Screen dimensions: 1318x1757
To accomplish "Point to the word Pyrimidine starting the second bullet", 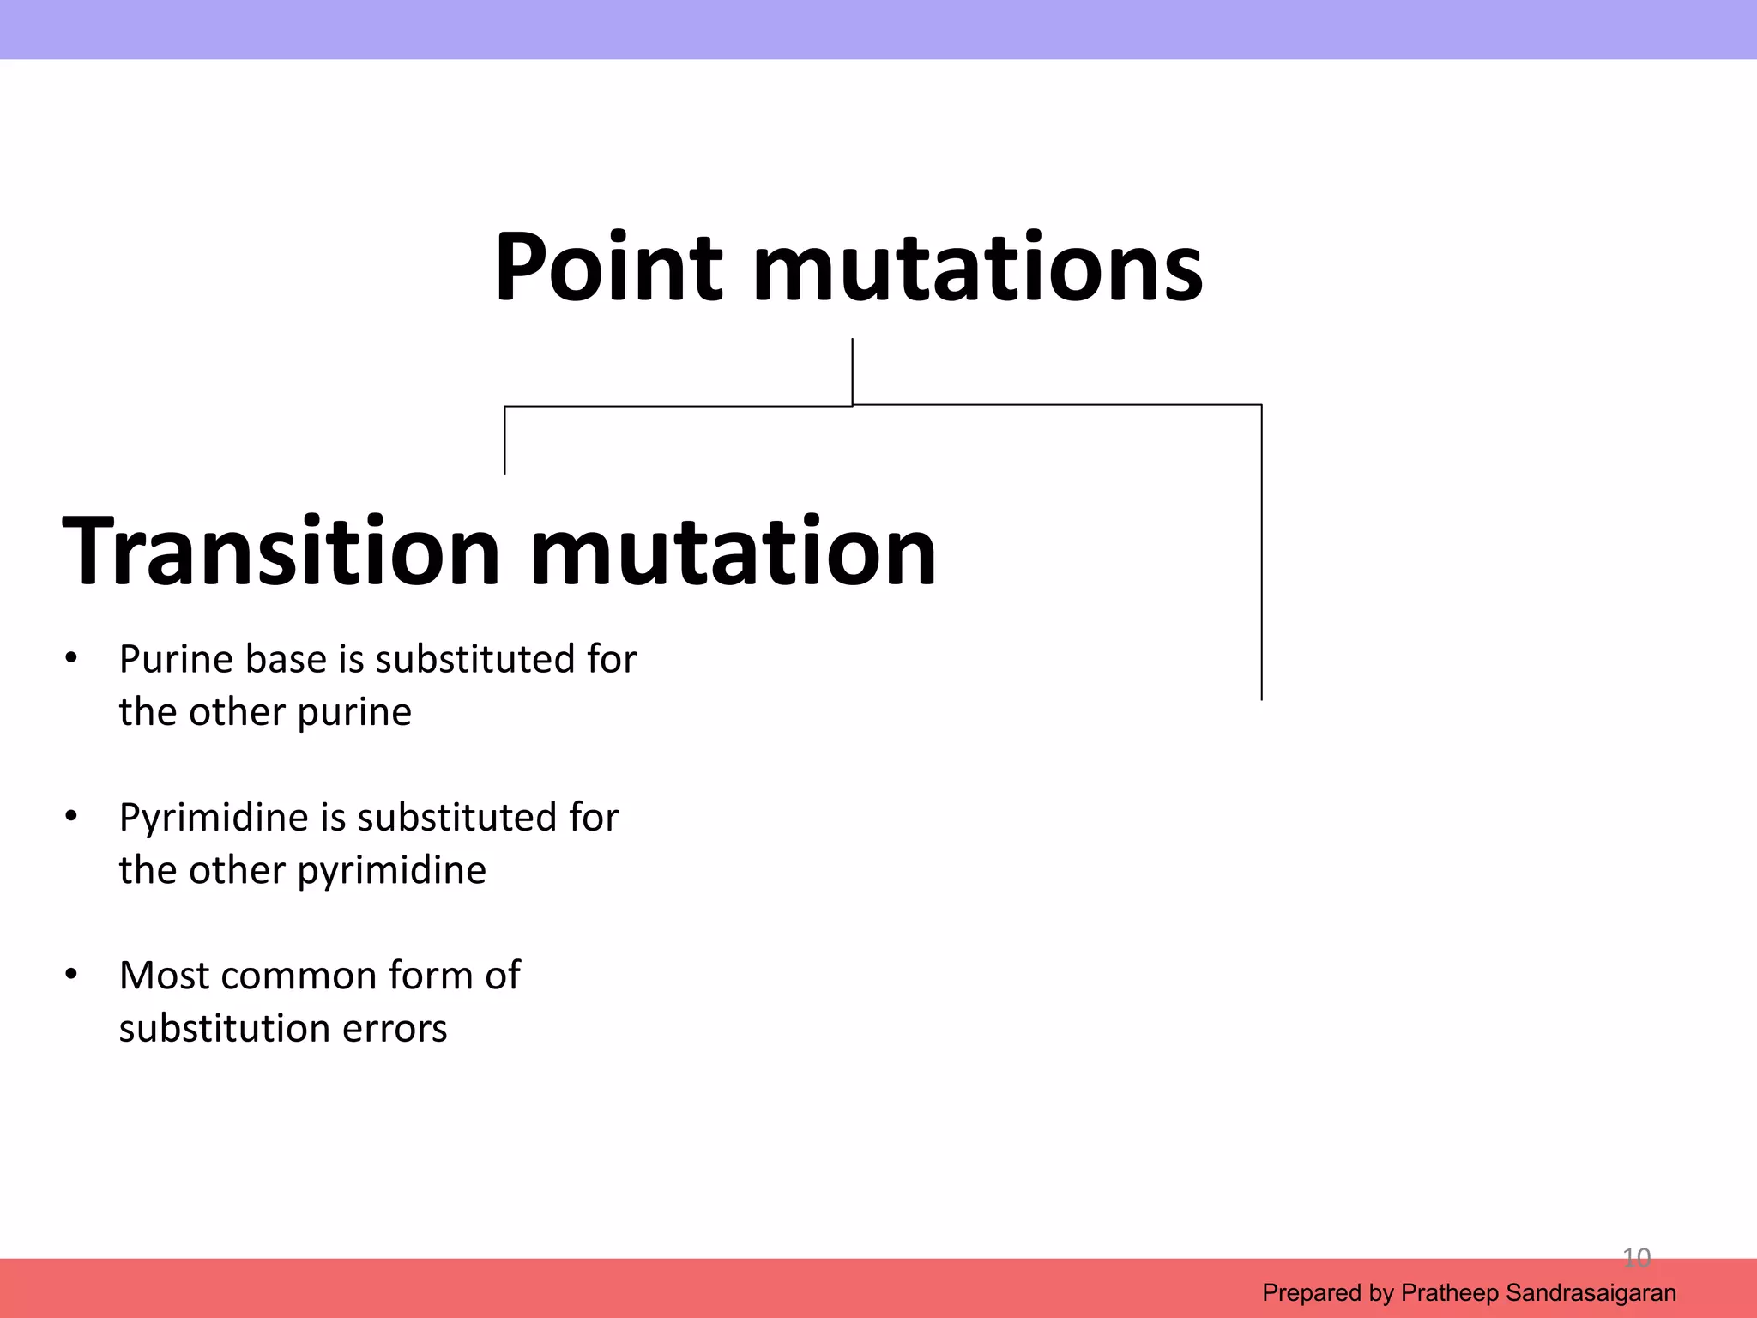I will (213, 818).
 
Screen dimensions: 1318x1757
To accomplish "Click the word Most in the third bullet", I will (163, 976).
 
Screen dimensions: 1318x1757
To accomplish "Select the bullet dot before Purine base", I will (71, 659).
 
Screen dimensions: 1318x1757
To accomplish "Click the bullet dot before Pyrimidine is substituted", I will (71, 817).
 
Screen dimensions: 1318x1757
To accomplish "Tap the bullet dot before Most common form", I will (71, 975).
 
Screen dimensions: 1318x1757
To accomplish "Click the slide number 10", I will (1636, 1258).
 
